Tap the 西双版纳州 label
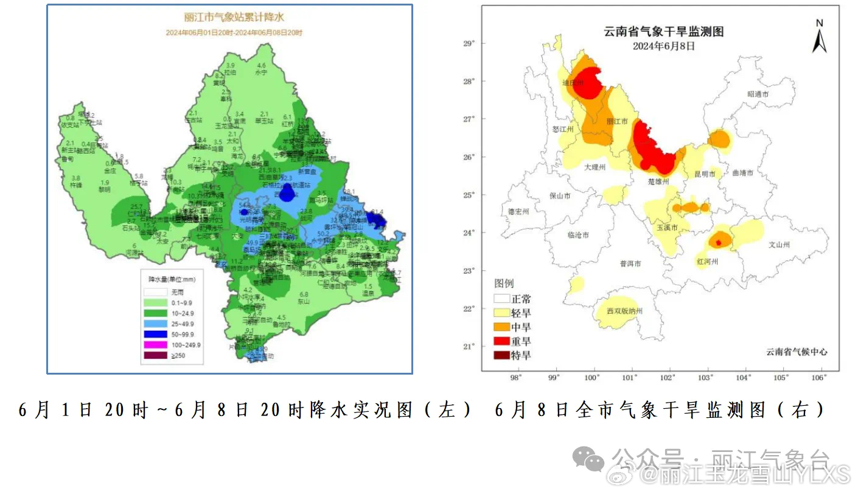pyautogui.click(x=624, y=311)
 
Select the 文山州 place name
pyautogui.click(x=779, y=245)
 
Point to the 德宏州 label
pyautogui.click(x=518, y=211)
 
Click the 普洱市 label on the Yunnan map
pyautogui.click(x=630, y=264)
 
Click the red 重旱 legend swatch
pyautogui.click(x=501, y=341)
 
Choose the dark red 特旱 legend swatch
pyautogui.click(x=501, y=355)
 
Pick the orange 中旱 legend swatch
pyautogui.click(x=501, y=327)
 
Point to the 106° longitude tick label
pyautogui.click(x=818, y=378)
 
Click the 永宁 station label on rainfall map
pyautogui.click(x=262, y=72)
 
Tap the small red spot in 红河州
pyautogui.click(x=719, y=242)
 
